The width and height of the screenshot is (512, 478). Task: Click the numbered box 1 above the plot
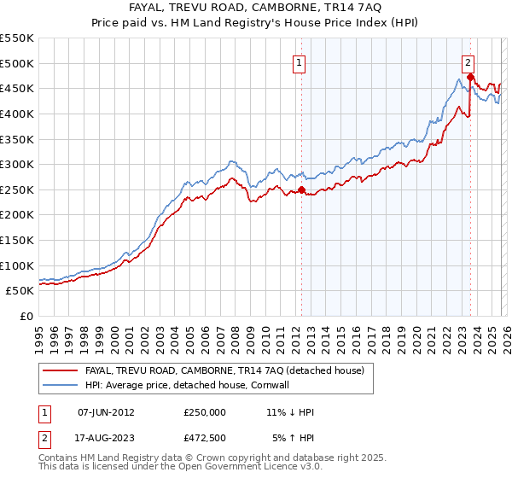[300, 61]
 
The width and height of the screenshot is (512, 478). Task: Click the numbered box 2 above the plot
[469, 61]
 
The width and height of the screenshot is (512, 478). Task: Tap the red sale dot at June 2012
[301, 190]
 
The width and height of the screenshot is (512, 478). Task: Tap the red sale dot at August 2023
[470, 78]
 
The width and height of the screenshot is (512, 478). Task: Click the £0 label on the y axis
[26, 316]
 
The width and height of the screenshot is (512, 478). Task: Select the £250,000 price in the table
[205, 412]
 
